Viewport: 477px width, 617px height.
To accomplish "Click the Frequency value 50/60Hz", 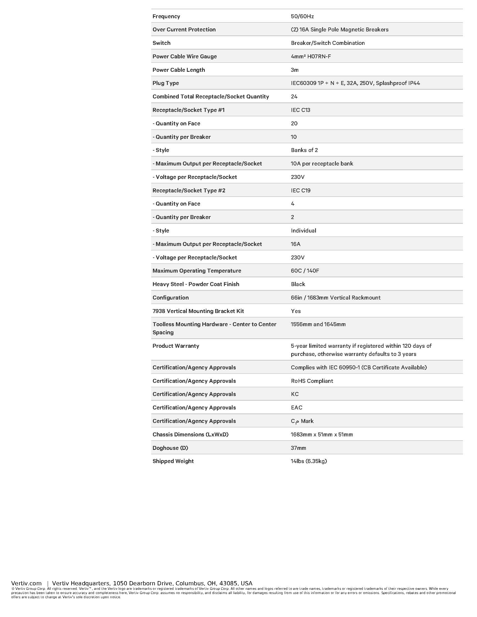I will [302, 16].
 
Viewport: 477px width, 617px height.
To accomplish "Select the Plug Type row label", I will [166, 83].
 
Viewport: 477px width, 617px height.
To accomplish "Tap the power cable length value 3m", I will [294, 70].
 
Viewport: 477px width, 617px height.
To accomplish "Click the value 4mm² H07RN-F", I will [311, 56].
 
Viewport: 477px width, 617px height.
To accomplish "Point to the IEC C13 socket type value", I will [301, 110].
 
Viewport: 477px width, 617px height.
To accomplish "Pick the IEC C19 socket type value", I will [301, 190].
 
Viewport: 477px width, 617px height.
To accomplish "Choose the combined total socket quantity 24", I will [294, 97].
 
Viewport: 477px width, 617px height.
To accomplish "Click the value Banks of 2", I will [304, 150].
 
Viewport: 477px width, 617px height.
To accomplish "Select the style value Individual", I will [303, 231].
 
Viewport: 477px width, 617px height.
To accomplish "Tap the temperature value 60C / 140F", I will [305, 271].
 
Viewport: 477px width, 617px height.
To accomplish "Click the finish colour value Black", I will [298, 284].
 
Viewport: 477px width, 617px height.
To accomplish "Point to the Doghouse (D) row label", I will [170, 448].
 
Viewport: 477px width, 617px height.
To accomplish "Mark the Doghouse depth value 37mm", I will [298, 448].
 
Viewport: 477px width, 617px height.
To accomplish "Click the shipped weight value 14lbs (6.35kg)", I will [309, 461].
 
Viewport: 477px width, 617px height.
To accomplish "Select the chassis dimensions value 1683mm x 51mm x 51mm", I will [322, 434].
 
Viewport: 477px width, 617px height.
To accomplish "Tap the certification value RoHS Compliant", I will [312, 381].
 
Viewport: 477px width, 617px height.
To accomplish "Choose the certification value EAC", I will [296, 408].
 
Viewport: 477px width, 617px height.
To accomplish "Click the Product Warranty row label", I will [176, 346].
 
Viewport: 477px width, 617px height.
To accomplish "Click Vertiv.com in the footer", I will [26, 583].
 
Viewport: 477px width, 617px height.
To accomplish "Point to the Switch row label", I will [161, 43].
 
